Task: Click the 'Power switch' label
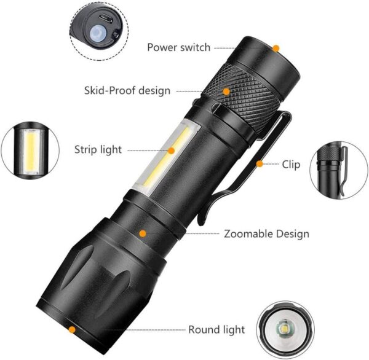pyautogui.click(x=178, y=47)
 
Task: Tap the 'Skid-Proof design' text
pyautogui.click(x=127, y=91)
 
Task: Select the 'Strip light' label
pyautogui.click(x=98, y=149)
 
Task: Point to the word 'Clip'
pyautogui.click(x=291, y=163)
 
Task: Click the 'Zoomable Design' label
pyautogui.click(x=266, y=234)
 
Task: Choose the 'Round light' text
pyautogui.click(x=216, y=330)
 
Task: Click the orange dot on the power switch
pyautogui.click(x=276, y=48)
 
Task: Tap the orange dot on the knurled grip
pyautogui.click(x=227, y=91)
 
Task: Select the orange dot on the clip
pyautogui.click(x=261, y=163)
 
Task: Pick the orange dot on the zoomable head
pyautogui.click(x=143, y=233)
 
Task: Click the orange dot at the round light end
pyautogui.click(x=73, y=330)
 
